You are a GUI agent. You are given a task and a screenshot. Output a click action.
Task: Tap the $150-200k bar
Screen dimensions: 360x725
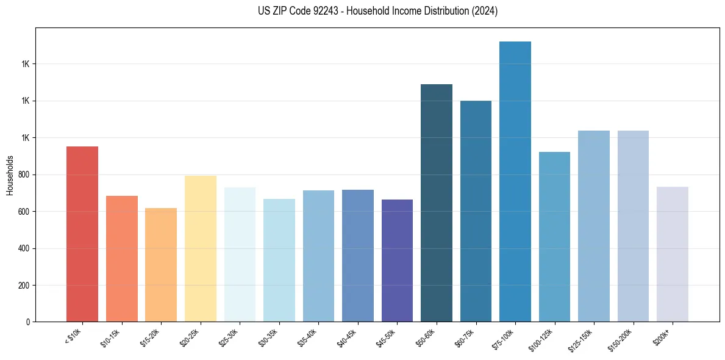[633, 226]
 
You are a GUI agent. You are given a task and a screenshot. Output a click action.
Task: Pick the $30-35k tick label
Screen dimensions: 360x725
[269, 337]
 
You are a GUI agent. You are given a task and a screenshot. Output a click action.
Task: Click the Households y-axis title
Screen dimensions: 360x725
[10, 175]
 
